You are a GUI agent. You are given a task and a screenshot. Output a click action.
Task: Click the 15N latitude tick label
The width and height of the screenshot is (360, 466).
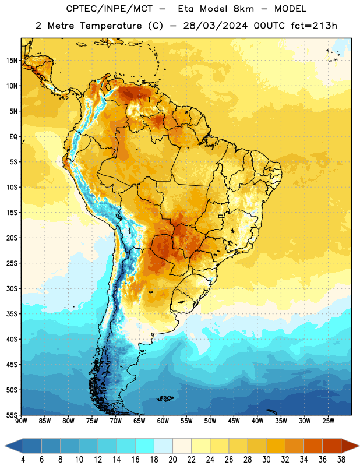click(12, 61)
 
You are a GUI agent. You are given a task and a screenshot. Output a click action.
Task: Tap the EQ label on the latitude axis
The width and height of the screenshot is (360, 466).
click(13, 137)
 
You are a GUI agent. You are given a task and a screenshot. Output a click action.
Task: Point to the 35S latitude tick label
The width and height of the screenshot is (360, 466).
click(12, 314)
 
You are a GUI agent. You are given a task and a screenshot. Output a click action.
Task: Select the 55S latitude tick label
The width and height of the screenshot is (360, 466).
click(12, 415)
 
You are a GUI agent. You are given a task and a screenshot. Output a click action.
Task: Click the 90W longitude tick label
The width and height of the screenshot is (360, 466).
click(22, 421)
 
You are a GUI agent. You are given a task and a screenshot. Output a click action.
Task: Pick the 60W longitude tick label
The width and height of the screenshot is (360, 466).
click(163, 421)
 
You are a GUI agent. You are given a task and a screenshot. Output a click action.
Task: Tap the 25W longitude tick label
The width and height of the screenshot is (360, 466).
click(328, 421)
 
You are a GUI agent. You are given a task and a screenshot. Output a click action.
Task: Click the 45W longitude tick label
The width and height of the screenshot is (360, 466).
click(234, 421)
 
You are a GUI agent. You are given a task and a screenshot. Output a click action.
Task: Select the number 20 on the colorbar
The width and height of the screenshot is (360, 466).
click(172, 460)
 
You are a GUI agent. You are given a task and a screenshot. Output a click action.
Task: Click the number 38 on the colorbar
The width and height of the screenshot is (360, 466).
click(341, 460)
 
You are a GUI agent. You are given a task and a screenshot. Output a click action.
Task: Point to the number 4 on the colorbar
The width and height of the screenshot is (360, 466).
click(23, 460)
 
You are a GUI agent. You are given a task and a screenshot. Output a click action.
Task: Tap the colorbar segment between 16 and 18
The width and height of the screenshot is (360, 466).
click(145, 446)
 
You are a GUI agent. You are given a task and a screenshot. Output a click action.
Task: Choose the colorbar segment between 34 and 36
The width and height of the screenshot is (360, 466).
click(313, 446)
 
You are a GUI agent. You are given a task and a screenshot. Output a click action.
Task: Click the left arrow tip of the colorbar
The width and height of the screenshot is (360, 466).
click(5, 446)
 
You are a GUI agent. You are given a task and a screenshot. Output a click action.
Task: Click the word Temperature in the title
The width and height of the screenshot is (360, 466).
click(111, 26)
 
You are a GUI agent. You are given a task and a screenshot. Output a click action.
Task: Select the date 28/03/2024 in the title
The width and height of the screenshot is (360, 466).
click(215, 26)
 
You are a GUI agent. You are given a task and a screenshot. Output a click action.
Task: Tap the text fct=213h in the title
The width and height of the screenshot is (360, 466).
click(314, 26)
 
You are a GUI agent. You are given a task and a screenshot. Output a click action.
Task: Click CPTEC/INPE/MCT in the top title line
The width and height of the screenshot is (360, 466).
click(109, 9)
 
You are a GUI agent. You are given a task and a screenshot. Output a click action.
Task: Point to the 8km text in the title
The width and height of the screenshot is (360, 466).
click(243, 9)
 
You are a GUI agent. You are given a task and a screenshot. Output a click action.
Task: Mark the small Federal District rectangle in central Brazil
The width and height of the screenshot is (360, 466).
click(221, 216)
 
